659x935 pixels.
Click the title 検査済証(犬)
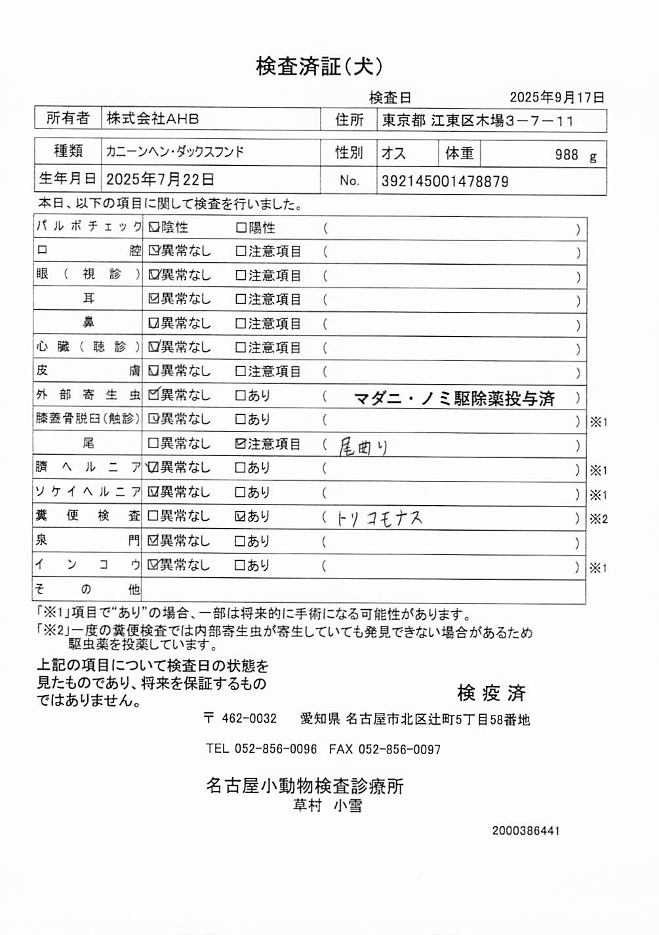319,66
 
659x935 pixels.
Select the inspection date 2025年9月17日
557,98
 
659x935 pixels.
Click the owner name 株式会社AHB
153,119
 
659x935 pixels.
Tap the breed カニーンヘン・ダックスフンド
175,152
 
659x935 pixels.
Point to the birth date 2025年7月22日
160,180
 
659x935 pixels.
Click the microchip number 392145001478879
445,181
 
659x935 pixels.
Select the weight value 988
567,155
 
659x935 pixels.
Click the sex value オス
393,153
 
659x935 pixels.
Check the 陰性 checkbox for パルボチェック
154,227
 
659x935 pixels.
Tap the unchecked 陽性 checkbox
241,228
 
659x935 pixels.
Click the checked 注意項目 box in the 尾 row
241,444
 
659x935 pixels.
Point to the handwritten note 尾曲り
363,447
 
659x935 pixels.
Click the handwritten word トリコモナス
380,519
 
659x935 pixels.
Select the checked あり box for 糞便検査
241,516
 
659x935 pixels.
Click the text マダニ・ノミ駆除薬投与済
454,398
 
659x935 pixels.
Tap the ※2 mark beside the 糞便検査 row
598,519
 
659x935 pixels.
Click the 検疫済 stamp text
491,693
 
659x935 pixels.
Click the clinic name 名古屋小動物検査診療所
305,786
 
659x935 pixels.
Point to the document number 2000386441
526,831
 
